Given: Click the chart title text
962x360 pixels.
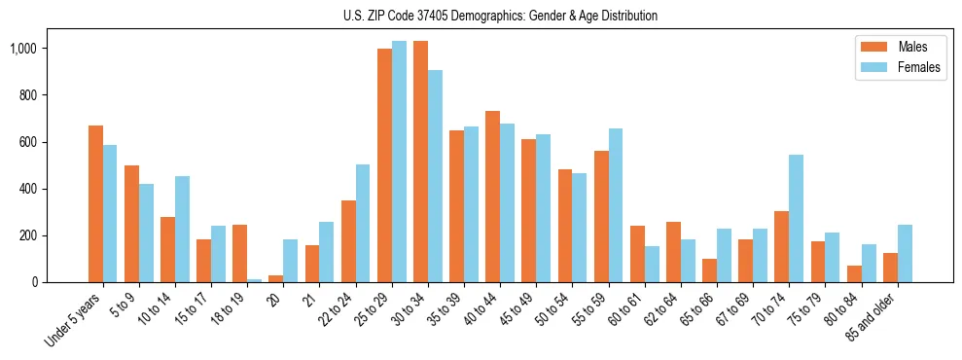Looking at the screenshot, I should click(500, 16).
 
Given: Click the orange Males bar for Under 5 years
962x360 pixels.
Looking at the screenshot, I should click(95, 204).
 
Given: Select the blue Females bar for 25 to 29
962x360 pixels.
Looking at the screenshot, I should click(399, 162).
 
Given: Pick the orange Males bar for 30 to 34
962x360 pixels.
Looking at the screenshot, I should click(420, 162).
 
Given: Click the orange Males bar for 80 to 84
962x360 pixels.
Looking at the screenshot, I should click(854, 273).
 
